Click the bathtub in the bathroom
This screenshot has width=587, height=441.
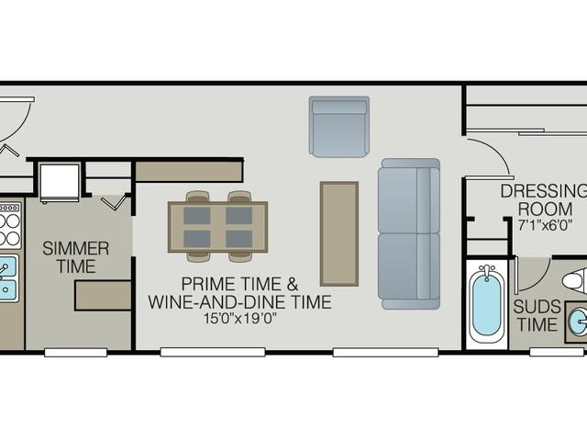point(486,303)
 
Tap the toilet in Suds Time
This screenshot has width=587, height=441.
point(576,281)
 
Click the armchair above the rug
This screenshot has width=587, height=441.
point(338,126)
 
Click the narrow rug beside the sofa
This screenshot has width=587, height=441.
point(338,233)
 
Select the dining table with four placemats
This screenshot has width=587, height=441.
point(218,226)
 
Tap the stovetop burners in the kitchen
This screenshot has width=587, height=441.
point(9,226)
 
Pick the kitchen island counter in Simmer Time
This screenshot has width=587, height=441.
point(103,296)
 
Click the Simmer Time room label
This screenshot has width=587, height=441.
point(75,257)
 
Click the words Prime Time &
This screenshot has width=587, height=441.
point(239,282)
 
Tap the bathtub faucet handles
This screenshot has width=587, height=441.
point(486,271)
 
